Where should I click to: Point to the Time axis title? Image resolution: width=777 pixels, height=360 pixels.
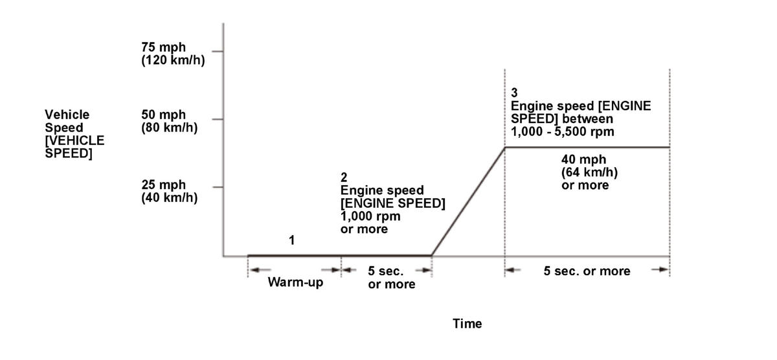coord(467,324)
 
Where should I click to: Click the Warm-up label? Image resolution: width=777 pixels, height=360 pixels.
coord(295,283)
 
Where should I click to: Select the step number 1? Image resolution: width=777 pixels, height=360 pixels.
coord(291,240)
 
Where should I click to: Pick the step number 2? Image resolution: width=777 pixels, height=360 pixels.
coord(344,177)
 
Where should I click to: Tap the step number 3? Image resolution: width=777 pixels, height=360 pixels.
coord(514,92)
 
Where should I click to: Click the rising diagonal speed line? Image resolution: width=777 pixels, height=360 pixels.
coord(467,201)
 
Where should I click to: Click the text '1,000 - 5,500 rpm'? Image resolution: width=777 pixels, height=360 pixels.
coord(563,132)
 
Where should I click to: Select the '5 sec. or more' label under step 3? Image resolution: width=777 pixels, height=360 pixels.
coord(587,271)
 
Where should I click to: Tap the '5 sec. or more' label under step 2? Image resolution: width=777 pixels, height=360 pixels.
coord(392,278)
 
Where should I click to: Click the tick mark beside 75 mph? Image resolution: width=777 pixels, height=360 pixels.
coord(218,51)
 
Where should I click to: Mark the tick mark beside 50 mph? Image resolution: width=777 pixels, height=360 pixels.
coord(218,119)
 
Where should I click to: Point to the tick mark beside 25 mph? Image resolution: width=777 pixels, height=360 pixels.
coord(218,188)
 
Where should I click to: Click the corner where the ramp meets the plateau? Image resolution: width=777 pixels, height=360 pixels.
coord(504,148)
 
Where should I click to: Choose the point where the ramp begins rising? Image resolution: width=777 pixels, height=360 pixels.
coord(431,255)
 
